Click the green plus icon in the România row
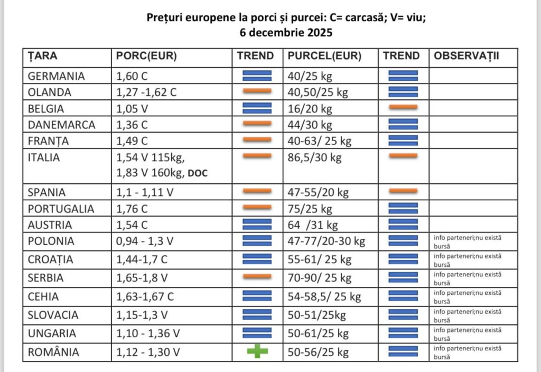pyautogui.click(x=257, y=351)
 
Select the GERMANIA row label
pyautogui.click(x=56, y=76)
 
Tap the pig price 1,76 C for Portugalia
pyautogui.click(x=132, y=208)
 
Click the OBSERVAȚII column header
pyautogui.click(x=466, y=56)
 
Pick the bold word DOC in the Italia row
pyautogui.click(x=198, y=173)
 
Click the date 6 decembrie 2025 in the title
pyautogui.click(x=286, y=32)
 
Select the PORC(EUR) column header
pyautogui.click(x=146, y=56)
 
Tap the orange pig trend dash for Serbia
pyautogui.click(x=257, y=276)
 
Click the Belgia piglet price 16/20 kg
pyautogui.click(x=310, y=109)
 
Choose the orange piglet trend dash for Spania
pyautogui.click(x=403, y=191)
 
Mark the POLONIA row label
pyautogui.click(x=51, y=241)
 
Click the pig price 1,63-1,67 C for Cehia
pyautogui.click(x=145, y=296)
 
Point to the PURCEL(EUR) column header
pyautogui.click(x=324, y=56)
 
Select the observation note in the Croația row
pyautogui.click(x=468, y=260)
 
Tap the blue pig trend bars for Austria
pyautogui.click(x=257, y=224)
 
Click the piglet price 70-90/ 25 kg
pyautogui.click(x=320, y=278)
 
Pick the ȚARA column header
pyautogui.click(x=42, y=56)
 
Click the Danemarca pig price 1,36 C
pyautogui.click(x=132, y=125)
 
